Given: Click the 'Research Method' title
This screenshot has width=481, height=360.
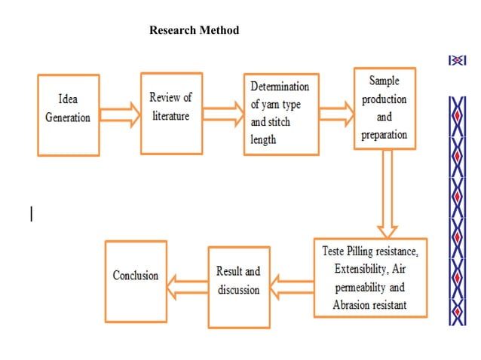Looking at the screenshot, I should [195, 31].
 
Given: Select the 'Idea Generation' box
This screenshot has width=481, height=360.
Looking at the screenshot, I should [68, 114].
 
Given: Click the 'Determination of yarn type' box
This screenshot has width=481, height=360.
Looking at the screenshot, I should [280, 114].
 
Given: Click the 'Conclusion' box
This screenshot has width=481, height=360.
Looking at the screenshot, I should [136, 280].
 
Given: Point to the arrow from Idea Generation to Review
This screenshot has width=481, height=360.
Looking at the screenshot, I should [120, 115].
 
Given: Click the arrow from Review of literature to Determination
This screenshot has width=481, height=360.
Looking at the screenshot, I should [223, 114].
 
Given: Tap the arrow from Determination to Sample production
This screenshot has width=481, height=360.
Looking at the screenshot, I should [337, 114].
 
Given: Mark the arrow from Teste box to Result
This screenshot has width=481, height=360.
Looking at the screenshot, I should [291, 284].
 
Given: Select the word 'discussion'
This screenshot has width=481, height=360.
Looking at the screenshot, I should [238, 290].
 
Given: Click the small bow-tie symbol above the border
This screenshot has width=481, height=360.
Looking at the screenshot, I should [457, 60].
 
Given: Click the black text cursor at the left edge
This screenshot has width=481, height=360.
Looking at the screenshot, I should [31, 214].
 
